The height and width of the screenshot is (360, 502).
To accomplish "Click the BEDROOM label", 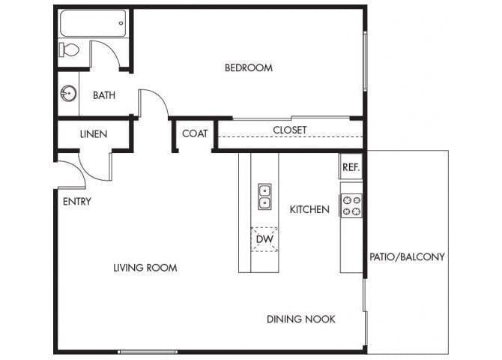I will [249, 68].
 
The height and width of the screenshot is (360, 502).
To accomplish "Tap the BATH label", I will [103, 95].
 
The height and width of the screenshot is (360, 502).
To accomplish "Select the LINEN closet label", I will [93, 134].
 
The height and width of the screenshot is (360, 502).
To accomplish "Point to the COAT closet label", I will [195, 134].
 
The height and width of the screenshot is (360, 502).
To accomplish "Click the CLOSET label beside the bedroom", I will [289, 130].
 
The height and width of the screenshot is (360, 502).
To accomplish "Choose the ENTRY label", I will [76, 201].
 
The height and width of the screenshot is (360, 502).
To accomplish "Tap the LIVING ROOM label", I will [145, 268].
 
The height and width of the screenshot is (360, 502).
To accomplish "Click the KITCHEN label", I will [309, 209].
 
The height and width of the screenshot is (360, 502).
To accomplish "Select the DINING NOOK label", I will [301, 319].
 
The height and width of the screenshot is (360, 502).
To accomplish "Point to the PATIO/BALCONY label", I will [407, 256].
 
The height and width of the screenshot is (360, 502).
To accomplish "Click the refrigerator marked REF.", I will [351, 167].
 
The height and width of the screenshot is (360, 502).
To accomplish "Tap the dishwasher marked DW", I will [264, 239].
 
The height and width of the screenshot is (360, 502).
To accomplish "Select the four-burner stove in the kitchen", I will [351, 205].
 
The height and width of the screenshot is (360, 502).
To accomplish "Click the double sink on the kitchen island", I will [264, 196].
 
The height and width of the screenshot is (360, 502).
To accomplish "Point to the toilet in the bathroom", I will [69, 50].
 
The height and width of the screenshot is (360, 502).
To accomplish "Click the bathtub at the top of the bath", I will [91, 25].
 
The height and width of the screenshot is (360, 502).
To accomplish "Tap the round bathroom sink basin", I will [67, 94].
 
